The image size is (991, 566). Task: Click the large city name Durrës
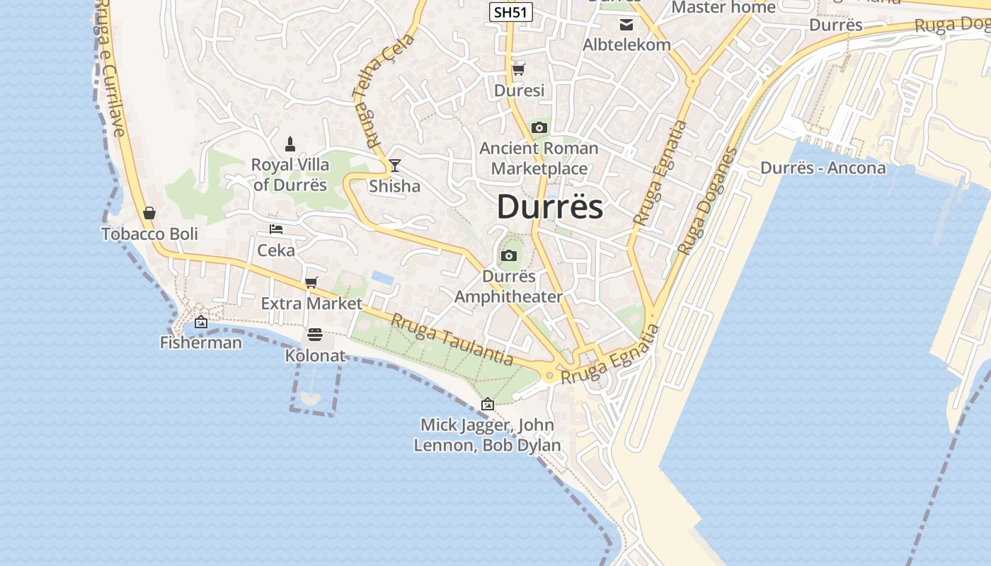[550, 207]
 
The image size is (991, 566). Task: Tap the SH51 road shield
[510, 12]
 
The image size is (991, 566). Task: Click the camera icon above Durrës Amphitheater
[508, 256]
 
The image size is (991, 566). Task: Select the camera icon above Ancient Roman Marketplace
[539, 128]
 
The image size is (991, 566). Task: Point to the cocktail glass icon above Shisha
[395, 166]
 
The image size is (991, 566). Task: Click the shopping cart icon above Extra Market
[311, 283]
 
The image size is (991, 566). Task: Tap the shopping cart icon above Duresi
[519, 69]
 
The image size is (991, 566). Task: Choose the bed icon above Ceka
[276, 229]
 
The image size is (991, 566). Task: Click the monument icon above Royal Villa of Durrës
[290, 144]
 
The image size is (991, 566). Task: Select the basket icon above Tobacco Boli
[149, 213]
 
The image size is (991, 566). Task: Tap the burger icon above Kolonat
[315, 335]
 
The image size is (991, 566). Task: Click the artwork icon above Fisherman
[201, 322]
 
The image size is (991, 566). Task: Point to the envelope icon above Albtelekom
[626, 25]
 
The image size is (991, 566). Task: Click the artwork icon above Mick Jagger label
[487, 405]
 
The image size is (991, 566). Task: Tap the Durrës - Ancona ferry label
[823, 168]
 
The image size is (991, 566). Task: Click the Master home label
[723, 7]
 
